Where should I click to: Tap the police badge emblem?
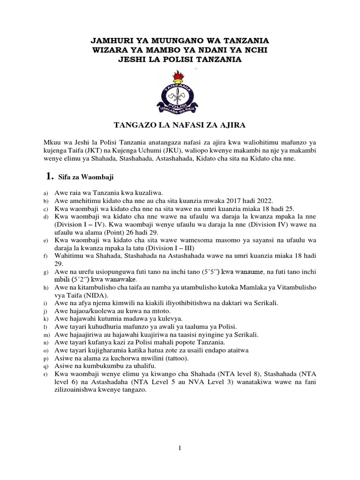(180, 94)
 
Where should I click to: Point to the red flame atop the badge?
(180, 75)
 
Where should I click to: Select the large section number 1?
(47, 176)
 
